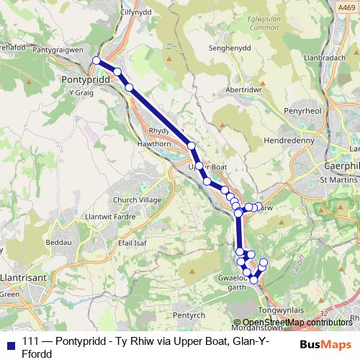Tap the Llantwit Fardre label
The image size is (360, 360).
[108, 216]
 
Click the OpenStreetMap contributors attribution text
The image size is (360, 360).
[295, 322]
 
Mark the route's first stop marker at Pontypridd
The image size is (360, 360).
[96, 60]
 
